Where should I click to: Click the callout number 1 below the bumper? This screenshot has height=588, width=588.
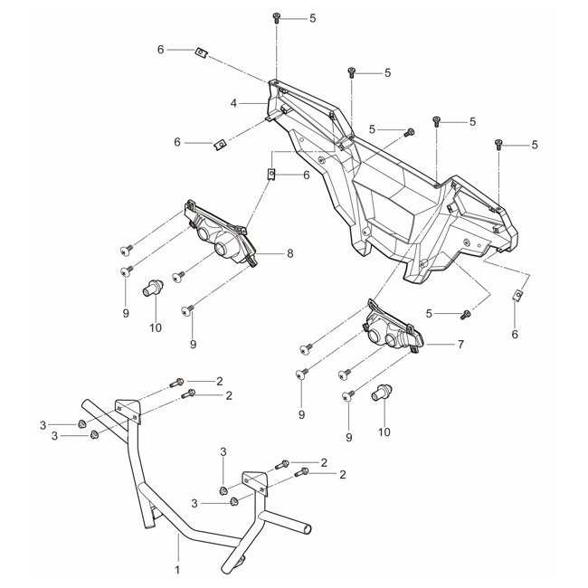(x=177, y=570)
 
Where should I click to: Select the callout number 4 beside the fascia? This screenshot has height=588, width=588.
(x=233, y=104)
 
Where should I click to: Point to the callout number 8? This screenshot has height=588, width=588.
(x=289, y=254)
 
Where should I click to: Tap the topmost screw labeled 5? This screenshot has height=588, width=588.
(x=276, y=17)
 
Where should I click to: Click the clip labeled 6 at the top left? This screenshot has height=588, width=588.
(x=202, y=52)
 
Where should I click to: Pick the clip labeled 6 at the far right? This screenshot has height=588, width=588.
(x=519, y=295)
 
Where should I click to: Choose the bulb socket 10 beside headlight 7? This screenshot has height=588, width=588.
(x=383, y=392)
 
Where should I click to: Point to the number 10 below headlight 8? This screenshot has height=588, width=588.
(x=156, y=327)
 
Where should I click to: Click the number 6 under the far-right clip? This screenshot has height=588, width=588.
(x=515, y=334)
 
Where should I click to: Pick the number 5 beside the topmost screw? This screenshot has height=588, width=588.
(x=313, y=18)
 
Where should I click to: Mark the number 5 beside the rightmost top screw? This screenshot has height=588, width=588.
(x=535, y=144)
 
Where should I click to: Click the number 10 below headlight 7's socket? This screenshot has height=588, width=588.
(x=384, y=432)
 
